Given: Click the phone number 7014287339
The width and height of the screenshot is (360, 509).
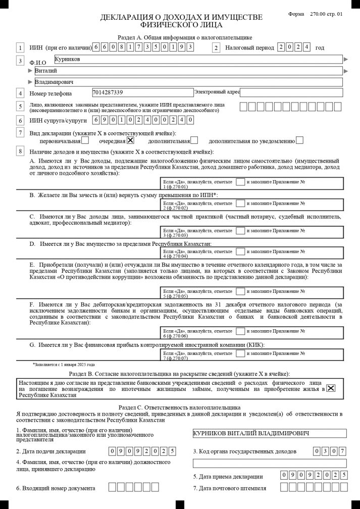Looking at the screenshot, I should click(x=142, y=92).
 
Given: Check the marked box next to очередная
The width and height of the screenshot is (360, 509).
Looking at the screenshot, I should click(x=131, y=141).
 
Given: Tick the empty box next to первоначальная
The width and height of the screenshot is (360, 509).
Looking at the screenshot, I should click(x=85, y=141).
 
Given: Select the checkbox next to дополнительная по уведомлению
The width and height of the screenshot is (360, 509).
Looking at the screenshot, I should click(x=300, y=141).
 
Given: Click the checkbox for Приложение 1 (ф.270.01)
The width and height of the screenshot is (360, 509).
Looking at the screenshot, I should click(x=241, y=181).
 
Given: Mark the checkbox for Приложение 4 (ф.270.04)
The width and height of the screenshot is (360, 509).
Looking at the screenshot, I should click(x=241, y=251).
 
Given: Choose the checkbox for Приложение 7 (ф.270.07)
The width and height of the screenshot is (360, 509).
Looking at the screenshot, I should click(x=241, y=354).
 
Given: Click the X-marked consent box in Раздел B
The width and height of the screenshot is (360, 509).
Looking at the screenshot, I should click(x=331, y=388).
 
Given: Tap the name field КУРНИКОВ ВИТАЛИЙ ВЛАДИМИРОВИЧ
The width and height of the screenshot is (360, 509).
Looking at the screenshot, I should click(x=270, y=434).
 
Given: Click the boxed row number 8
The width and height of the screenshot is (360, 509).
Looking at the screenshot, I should click(x=20, y=151).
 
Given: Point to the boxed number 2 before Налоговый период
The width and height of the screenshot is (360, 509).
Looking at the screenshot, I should click(x=217, y=48).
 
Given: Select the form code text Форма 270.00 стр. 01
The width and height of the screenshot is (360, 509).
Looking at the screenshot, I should click(x=316, y=14).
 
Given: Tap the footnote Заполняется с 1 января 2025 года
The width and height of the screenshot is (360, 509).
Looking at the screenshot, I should click(x=64, y=364).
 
